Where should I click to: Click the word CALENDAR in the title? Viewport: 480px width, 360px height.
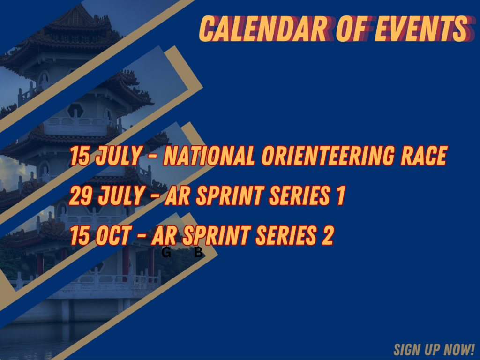click(264, 29)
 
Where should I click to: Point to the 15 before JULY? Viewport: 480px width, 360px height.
click(80, 156)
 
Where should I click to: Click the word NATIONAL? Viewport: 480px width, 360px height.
click(209, 156)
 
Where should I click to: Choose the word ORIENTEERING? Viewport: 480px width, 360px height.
click(328, 156)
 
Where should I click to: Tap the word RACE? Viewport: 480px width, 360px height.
click(424, 156)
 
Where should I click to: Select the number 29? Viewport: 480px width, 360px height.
click(81, 195)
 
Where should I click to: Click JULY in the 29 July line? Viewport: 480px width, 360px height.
click(121, 196)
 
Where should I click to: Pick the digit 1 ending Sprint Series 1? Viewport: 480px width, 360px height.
click(341, 195)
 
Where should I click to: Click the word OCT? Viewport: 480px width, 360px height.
click(113, 235)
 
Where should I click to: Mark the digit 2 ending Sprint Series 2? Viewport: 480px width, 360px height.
click(328, 235)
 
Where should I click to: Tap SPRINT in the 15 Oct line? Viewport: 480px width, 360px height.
click(217, 235)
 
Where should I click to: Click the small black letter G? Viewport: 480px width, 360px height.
click(166, 253)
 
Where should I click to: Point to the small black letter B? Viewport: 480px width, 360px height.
click(198, 253)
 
